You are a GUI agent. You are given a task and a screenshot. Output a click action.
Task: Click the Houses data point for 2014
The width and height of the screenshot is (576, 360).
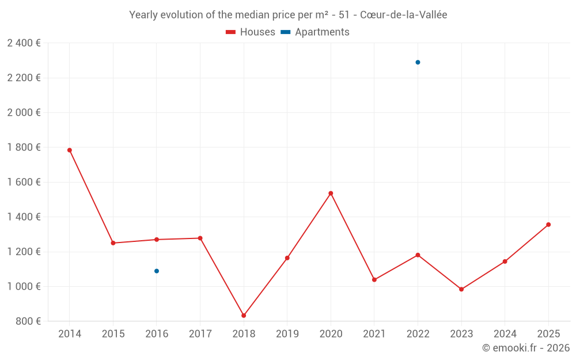tap(70, 150)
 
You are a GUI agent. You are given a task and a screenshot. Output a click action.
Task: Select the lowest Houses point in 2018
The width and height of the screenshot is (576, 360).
tap(244, 316)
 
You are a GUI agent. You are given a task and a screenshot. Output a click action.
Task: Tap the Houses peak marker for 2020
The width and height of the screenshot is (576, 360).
tap(331, 194)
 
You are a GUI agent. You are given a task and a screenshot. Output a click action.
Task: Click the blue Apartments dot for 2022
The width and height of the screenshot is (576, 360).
tap(418, 62)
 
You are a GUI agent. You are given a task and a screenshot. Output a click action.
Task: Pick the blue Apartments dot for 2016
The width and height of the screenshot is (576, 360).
tap(157, 271)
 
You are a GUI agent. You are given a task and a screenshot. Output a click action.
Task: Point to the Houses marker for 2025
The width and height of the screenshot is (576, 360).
tap(548, 225)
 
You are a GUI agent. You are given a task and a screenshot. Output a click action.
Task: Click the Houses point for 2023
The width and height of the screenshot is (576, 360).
tap(461, 289)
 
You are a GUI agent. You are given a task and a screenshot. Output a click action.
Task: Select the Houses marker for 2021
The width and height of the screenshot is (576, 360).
tap(374, 280)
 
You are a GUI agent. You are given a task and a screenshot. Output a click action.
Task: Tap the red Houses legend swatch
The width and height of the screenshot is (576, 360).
tap(231, 32)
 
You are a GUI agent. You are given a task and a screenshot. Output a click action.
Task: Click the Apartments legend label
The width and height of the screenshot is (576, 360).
tap(322, 32)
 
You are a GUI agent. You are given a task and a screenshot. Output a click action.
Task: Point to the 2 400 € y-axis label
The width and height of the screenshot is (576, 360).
tap(24, 43)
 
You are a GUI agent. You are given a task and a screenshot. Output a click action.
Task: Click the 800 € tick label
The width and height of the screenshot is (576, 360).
tap(28, 321)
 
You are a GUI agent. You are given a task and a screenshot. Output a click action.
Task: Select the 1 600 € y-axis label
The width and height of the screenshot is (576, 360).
tap(24, 182)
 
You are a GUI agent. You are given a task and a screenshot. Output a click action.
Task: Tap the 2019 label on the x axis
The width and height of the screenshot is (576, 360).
tap(287, 334)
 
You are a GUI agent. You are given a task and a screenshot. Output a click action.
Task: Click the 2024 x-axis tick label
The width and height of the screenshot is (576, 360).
tap(505, 334)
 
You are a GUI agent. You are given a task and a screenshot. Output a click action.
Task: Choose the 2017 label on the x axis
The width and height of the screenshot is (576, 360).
tap(200, 334)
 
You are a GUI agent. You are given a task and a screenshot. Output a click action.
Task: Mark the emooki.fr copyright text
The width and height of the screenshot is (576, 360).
tap(526, 348)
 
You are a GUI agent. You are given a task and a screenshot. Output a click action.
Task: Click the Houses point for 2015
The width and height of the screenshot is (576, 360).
tap(113, 243)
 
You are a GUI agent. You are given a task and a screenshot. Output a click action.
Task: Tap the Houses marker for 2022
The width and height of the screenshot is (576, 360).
tap(418, 255)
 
